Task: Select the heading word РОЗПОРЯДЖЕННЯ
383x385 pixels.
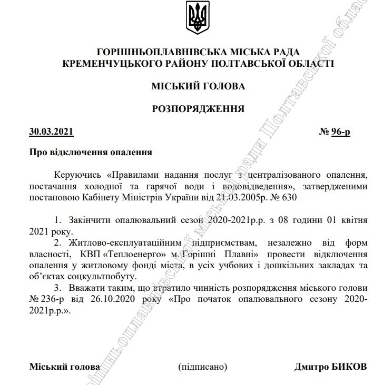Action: (x=198, y=109)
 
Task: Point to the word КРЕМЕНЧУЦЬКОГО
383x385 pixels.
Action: (x=103, y=64)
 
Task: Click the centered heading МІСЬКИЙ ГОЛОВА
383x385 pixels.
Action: (x=198, y=86)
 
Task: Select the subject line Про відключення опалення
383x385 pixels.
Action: (x=90, y=153)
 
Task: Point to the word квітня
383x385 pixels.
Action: (x=353, y=219)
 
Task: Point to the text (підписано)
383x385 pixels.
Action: (x=203, y=367)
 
